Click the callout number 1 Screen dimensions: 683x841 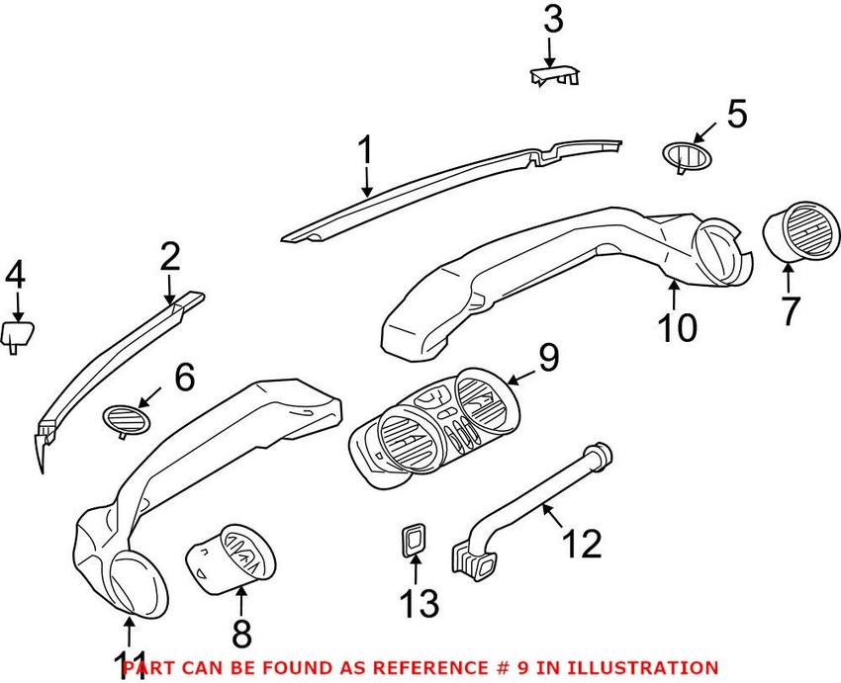[364, 152]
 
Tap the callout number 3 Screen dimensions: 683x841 [553, 19]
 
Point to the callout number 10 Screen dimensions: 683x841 [678, 327]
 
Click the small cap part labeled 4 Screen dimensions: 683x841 [16, 334]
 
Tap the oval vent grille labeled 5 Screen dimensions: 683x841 [684, 155]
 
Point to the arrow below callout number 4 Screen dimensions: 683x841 [17, 304]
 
